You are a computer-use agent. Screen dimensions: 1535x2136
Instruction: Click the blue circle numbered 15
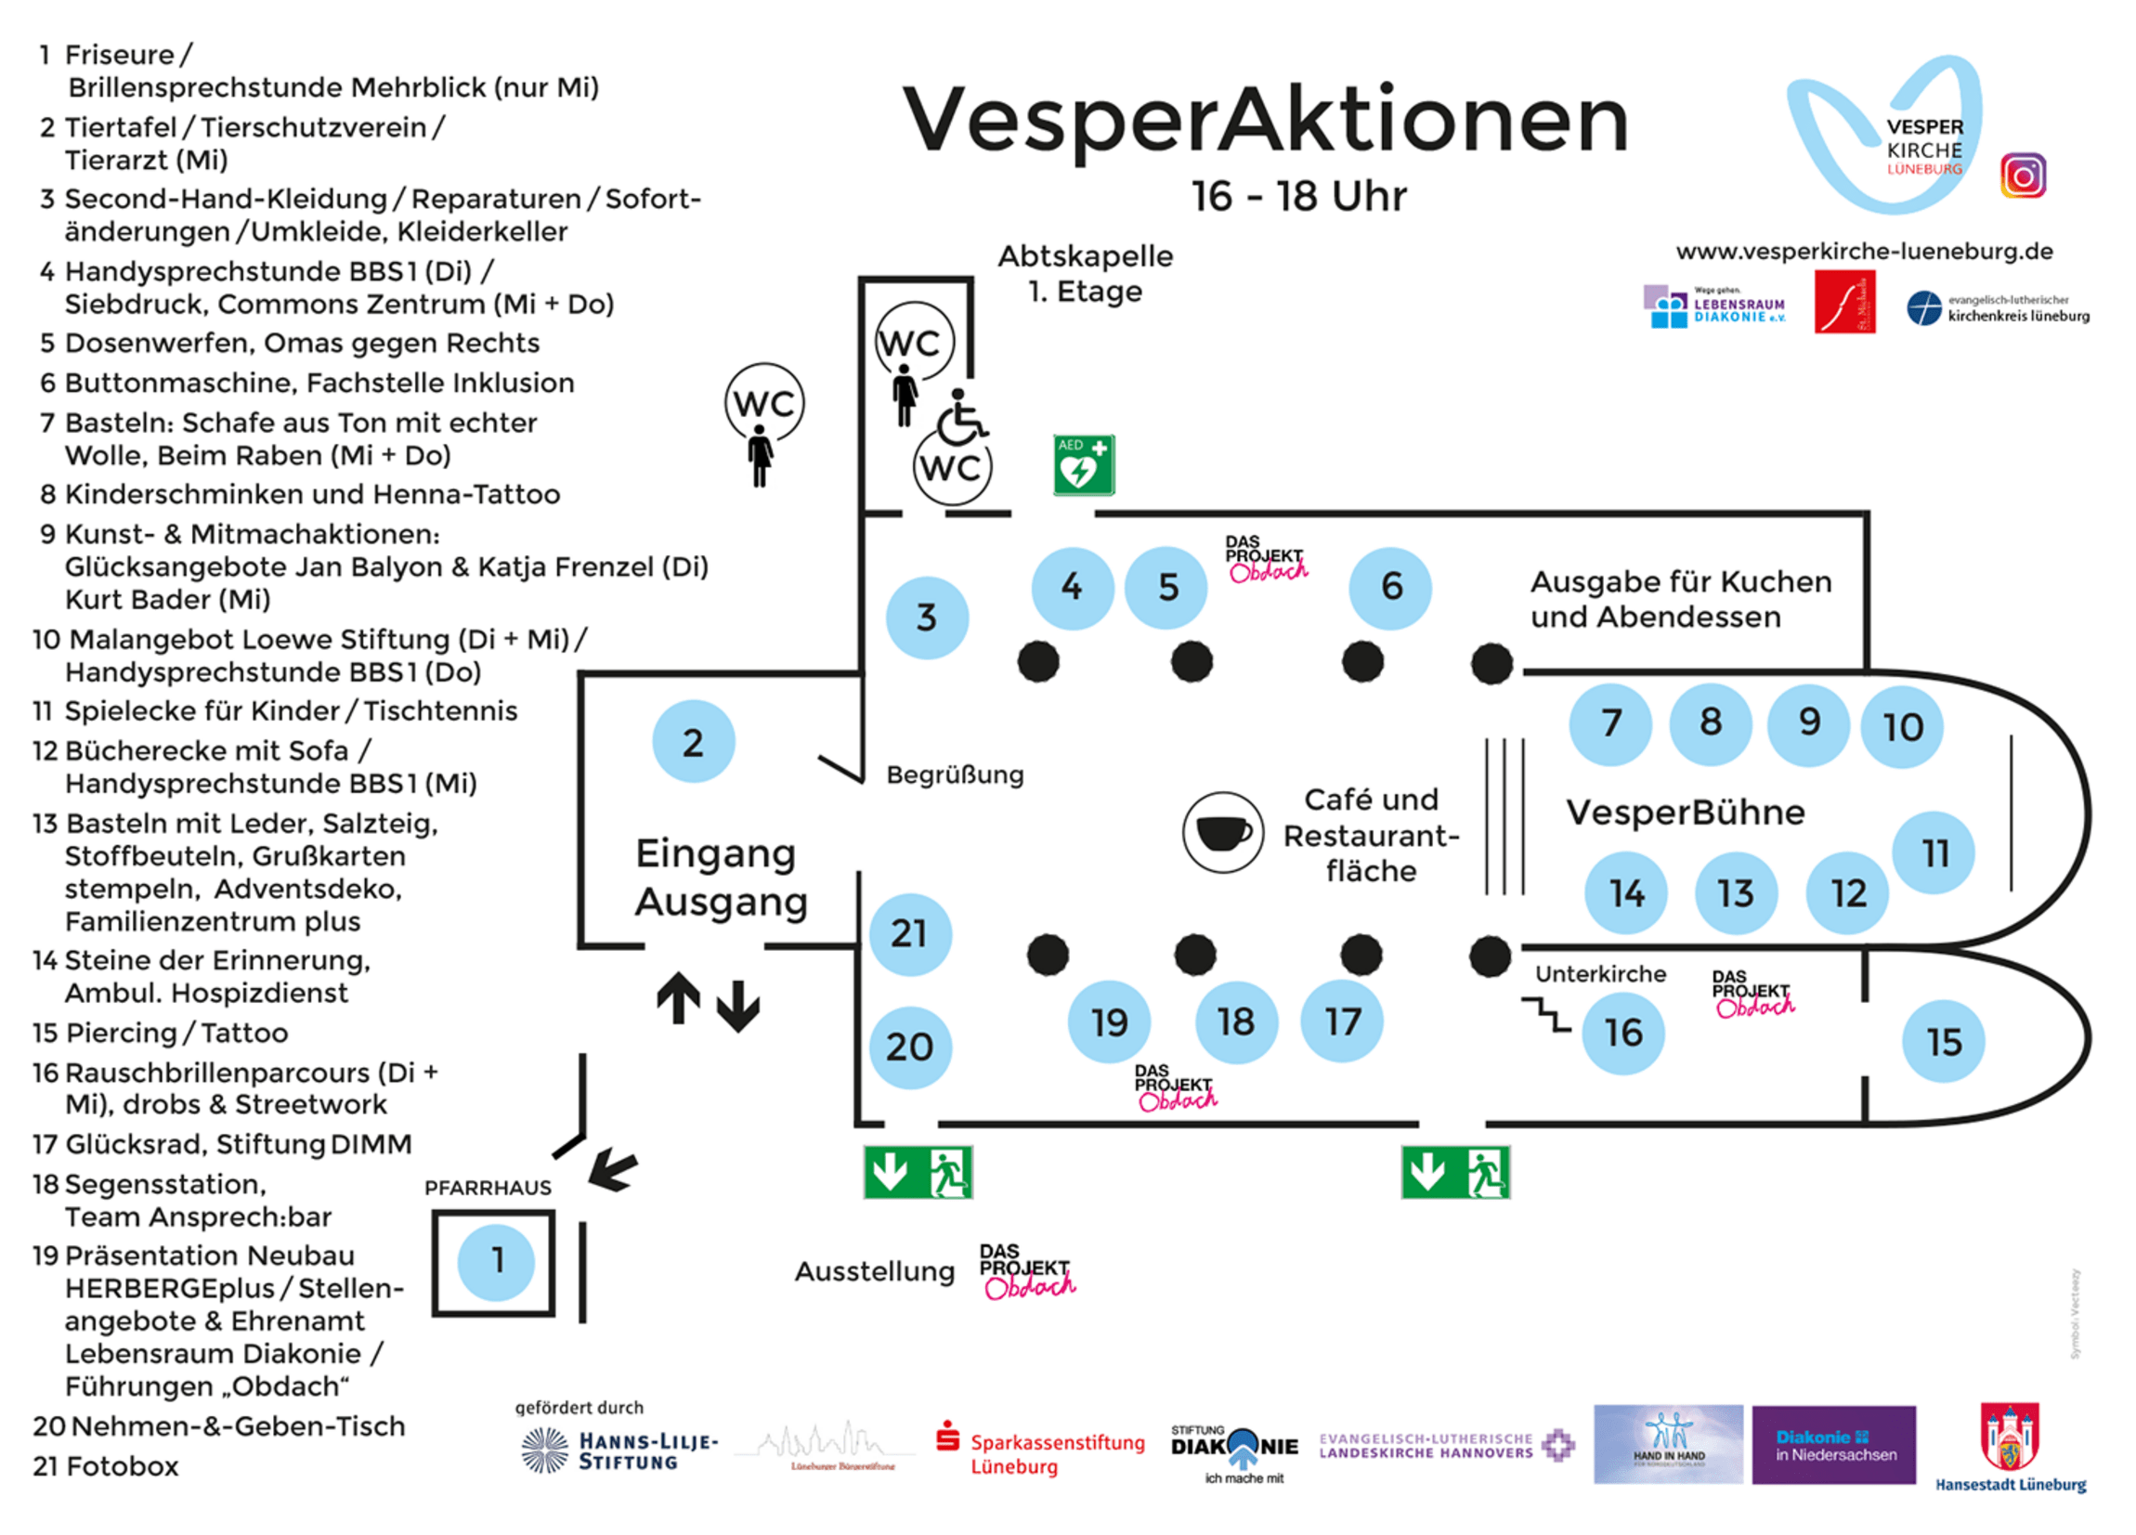coord(1943,1042)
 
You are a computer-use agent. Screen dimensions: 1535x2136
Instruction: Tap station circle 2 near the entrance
coord(693,742)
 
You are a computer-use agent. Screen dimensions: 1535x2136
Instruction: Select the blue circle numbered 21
coord(910,934)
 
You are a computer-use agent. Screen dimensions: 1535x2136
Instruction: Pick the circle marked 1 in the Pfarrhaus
coord(496,1261)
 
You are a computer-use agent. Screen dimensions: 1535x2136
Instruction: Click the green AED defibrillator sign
coord(1083,465)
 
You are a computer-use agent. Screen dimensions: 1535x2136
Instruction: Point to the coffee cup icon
coord(1222,832)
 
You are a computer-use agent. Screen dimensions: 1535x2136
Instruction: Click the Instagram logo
coord(2022,176)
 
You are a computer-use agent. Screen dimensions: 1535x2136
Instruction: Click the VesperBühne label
coord(1685,812)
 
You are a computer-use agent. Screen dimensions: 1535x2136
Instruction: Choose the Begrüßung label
coord(954,775)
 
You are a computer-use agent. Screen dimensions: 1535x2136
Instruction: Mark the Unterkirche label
coord(1600,974)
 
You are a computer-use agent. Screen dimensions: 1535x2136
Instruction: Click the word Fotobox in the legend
coord(123,1466)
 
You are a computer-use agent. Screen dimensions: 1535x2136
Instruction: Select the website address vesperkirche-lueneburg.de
coord(1864,252)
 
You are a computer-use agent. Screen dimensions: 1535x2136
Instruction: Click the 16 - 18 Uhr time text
coord(1298,196)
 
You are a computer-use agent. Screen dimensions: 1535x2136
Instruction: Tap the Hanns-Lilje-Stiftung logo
coord(619,1450)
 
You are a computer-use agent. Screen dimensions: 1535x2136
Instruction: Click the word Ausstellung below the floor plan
coord(874,1271)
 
